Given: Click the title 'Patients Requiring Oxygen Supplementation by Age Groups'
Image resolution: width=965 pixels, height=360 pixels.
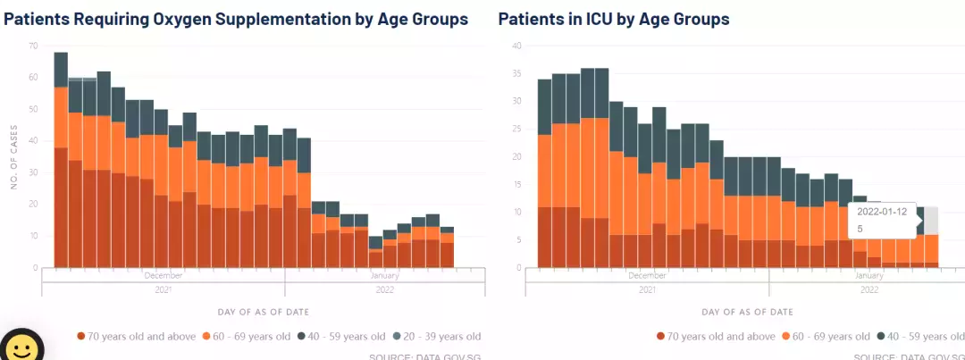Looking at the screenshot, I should pos(236,19).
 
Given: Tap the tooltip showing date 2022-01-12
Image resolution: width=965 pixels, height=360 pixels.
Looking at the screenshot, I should pos(882,220).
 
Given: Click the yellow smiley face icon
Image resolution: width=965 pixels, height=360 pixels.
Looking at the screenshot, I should pos(21,347).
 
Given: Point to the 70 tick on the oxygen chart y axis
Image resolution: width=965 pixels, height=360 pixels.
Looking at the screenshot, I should pos(33,46).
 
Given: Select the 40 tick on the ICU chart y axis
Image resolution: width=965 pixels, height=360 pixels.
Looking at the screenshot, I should pos(516,46).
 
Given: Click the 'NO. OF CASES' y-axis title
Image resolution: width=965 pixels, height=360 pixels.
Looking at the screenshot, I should pos(14,156).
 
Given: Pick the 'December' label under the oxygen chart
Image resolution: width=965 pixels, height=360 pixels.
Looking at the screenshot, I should pos(163,276).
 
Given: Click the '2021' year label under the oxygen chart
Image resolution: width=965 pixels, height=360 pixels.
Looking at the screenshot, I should pos(163,289).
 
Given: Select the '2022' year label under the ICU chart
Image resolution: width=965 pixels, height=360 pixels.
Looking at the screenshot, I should pos(868,289).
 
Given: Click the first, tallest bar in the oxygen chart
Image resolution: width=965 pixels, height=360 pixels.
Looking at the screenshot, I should pos(61,161).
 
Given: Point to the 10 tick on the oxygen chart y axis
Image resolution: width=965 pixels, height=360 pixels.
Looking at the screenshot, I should pos(33,236).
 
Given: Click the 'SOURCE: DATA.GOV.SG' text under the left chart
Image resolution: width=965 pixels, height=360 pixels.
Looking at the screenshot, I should pos(425,356).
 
